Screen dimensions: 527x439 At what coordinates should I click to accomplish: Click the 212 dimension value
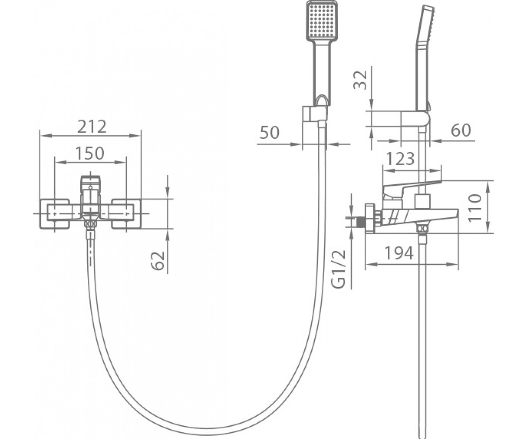pyautogui.click(x=92, y=127)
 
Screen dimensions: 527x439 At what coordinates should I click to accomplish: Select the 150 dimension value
pyautogui.click(x=90, y=153)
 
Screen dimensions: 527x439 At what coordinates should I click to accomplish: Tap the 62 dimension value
pyautogui.click(x=158, y=261)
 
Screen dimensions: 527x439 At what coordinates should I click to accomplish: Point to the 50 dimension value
pyautogui.click(x=270, y=133)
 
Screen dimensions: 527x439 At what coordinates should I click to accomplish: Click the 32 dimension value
pyautogui.click(x=360, y=80)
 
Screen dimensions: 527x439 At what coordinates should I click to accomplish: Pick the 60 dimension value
pyautogui.click(x=461, y=130)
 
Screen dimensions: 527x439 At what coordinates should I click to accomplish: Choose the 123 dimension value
pyautogui.click(x=400, y=158)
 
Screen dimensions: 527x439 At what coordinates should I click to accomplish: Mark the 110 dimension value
pyautogui.click(x=474, y=208)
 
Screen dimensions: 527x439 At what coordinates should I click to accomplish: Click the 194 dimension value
pyautogui.click(x=399, y=253)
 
